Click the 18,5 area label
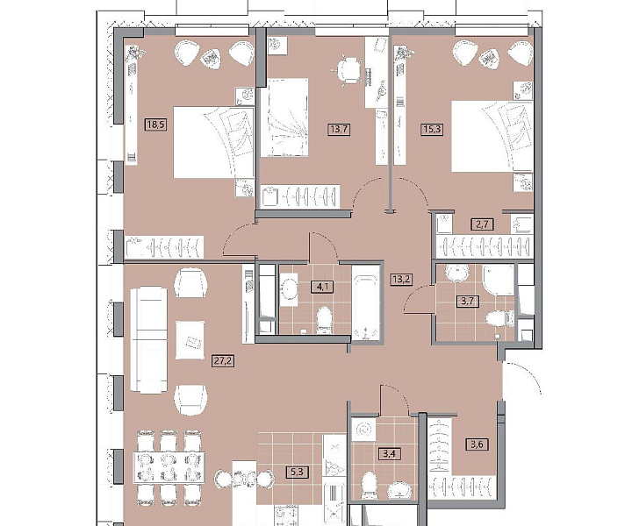tap(156, 124)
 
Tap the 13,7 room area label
tap(339, 129)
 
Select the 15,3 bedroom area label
tap(431, 129)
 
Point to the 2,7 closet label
tap(483, 224)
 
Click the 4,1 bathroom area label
tap(322, 287)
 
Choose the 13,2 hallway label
tap(401, 279)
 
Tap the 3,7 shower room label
tap(468, 301)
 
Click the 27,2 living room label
tap(224, 361)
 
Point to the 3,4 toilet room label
tap(390, 454)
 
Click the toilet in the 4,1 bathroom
tap(324, 321)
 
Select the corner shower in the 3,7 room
tap(499, 281)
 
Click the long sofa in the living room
tap(148, 340)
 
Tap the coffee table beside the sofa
tap(190, 340)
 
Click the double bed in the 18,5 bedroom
tap(213, 142)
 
